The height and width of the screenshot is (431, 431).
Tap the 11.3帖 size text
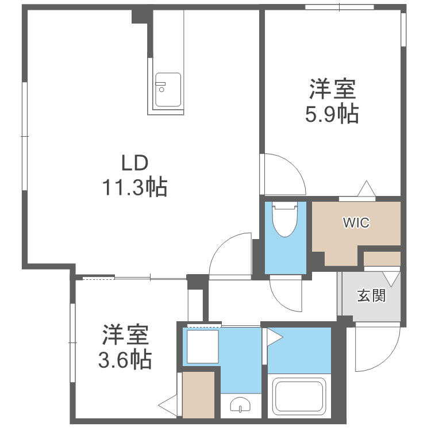(x=135, y=187)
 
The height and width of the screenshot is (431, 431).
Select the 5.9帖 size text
(x=332, y=114)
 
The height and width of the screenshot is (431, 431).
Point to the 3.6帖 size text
(x=125, y=359)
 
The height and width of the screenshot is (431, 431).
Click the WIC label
(x=356, y=222)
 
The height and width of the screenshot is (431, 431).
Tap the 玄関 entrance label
(x=371, y=296)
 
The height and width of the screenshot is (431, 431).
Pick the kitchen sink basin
(x=167, y=90)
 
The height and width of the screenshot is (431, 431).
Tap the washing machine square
(x=201, y=347)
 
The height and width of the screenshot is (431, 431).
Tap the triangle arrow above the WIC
(x=366, y=190)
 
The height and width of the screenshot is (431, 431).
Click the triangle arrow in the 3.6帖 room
(x=169, y=407)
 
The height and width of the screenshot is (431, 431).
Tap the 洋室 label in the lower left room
(x=125, y=334)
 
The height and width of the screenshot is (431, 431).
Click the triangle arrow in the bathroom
(x=273, y=336)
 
